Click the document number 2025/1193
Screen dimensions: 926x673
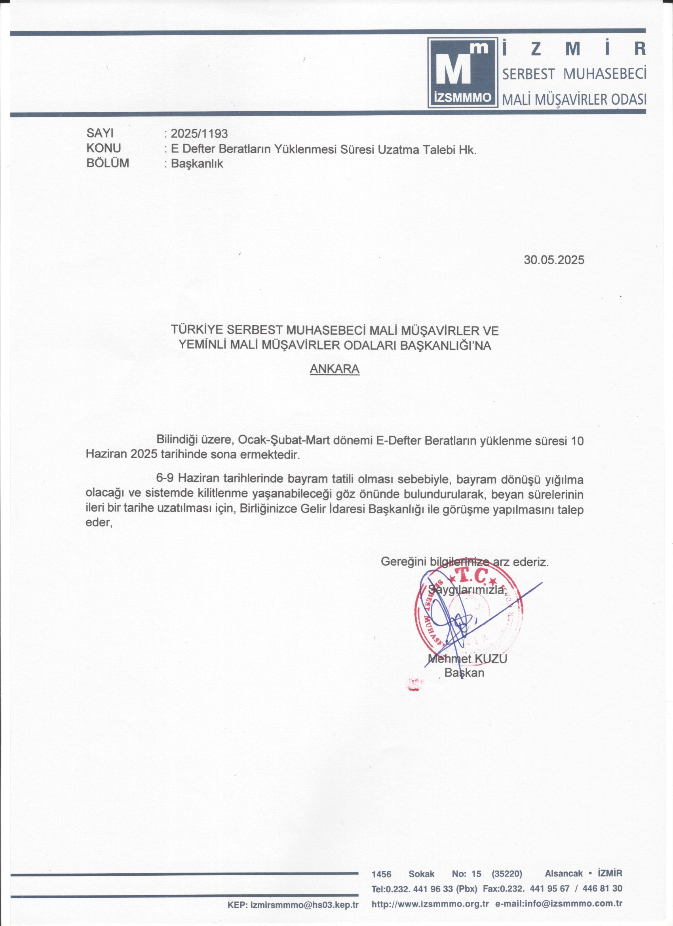pyautogui.click(x=199, y=133)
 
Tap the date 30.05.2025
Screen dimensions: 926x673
pyautogui.click(x=554, y=260)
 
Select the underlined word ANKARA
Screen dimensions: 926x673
pyautogui.click(x=335, y=369)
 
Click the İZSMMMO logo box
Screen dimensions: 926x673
pyautogui.click(x=463, y=72)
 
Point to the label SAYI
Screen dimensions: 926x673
pyautogui.click(x=100, y=133)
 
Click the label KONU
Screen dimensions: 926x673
pyautogui.click(x=104, y=148)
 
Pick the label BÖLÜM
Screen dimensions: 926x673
pyautogui.click(x=108, y=163)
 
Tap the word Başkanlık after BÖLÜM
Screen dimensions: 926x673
pyautogui.click(x=197, y=164)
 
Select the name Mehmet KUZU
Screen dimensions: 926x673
pyautogui.click(x=467, y=659)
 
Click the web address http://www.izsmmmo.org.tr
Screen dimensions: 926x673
pyautogui.click(x=430, y=904)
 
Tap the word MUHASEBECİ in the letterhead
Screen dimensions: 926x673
pyautogui.click(x=605, y=74)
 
